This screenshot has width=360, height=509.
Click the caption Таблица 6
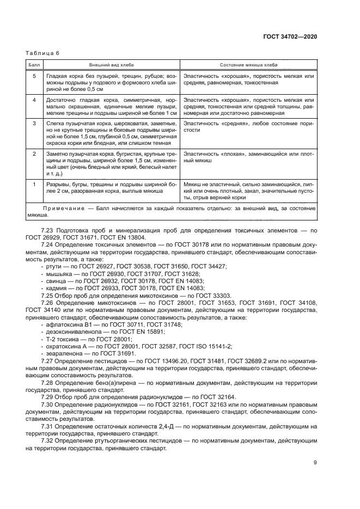[x=42, y=53]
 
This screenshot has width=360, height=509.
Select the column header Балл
[x=33, y=64]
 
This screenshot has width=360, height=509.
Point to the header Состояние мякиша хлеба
[x=248, y=64]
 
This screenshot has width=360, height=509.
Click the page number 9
[x=315, y=463]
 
